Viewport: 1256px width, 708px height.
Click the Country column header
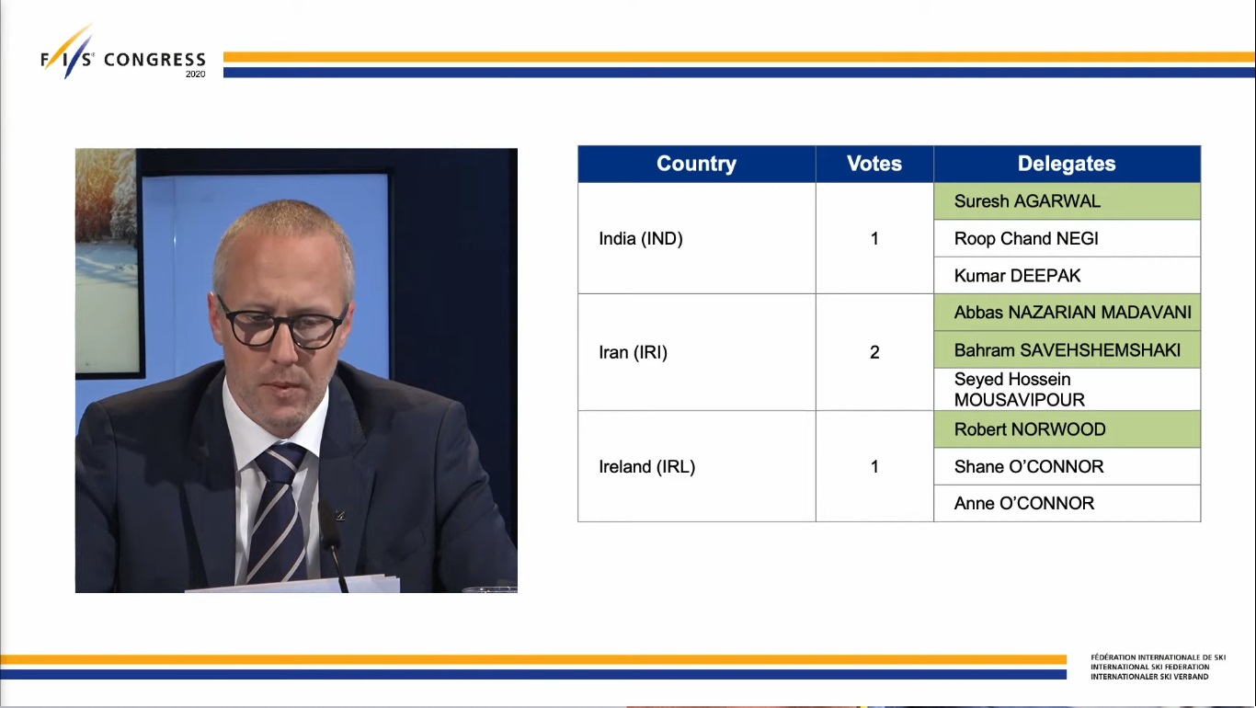696,164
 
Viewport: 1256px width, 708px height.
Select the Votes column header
874,164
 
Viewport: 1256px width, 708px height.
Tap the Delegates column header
1067,164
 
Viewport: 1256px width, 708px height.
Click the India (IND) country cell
641,239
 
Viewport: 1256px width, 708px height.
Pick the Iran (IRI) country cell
633,352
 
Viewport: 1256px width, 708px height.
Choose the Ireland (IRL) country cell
647,467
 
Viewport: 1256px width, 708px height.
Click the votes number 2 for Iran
874,352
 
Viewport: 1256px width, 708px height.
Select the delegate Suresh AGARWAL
1027,201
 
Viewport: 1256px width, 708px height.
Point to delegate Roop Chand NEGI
1026,239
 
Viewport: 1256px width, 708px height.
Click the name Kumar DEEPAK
1017,276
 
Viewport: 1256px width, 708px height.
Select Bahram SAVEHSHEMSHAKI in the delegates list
1067,350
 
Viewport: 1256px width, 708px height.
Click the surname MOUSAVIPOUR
1020,400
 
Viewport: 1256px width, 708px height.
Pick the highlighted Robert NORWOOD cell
1067,429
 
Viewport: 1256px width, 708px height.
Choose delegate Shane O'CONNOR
1029,467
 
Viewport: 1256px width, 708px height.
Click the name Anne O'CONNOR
1024,503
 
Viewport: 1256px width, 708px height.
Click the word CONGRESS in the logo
154,60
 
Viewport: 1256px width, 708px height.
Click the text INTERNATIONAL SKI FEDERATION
1149,667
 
